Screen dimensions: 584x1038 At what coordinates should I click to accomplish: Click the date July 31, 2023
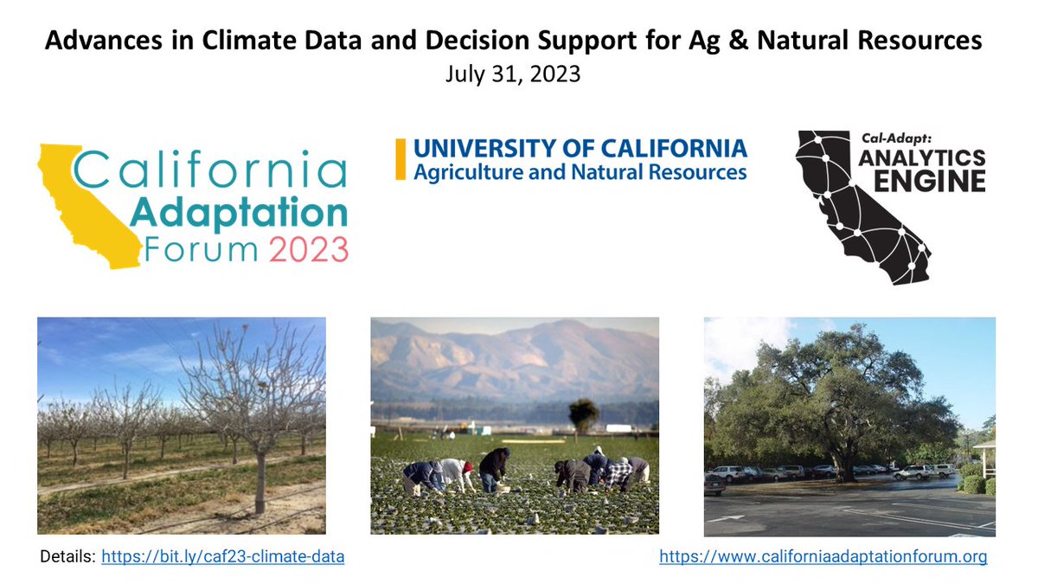pyautogui.click(x=513, y=74)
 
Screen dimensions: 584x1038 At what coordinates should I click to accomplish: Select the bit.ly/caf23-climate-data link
pyautogui.click(x=223, y=557)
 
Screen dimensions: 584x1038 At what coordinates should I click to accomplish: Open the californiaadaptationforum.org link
pyautogui.click(x=823, y=557)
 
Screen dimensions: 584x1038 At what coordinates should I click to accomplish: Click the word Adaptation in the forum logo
pyautogui.click(x=239, y=211)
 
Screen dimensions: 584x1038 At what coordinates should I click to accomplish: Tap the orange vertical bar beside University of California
pyautogui.click(x=400, y=159)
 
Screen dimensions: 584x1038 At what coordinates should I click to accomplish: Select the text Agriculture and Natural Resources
pyautogui.click(x=580, y=172)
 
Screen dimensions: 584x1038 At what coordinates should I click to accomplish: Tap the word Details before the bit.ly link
pyautogui.click(x=67, y=557)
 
